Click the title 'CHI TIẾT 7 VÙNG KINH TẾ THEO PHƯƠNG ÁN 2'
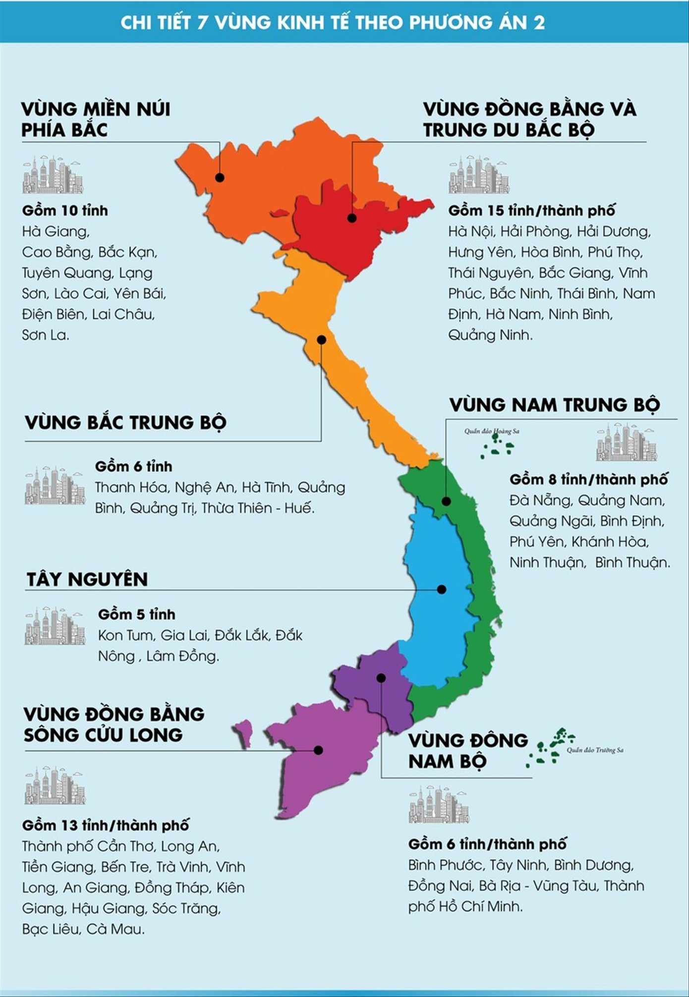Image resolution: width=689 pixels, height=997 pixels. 333,23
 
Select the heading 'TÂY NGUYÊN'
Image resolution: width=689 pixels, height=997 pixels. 87,579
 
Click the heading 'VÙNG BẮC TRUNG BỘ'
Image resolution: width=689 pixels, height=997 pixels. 126,423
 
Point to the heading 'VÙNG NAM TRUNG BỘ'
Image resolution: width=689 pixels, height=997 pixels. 555,405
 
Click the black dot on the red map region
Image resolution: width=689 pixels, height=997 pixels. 351,218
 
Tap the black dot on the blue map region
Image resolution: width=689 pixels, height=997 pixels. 441,589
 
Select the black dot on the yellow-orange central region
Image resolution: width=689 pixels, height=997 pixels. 321,340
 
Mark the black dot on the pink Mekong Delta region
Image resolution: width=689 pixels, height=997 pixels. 318,750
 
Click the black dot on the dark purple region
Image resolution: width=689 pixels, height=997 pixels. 381,678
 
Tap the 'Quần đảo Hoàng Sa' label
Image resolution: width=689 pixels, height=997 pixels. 492,431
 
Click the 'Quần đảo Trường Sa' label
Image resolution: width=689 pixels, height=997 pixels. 595,750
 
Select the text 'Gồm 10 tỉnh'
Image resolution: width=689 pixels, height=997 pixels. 65,211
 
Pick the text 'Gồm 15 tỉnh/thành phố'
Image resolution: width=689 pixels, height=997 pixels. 531,211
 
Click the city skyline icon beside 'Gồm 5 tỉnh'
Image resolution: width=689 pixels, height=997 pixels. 55,625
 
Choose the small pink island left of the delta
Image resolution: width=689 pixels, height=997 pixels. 244,732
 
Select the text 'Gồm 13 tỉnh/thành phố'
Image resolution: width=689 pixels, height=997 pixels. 106,826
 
